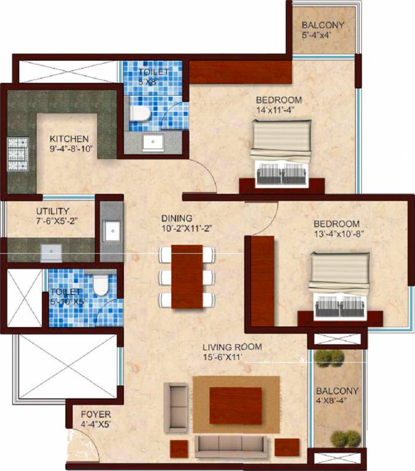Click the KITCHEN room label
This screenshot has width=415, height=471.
[x=69, y=138]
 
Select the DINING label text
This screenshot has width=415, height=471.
[x=177, y=218]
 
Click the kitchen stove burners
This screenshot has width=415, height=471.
[x=14, y=155]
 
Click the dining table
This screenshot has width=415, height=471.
[x=187, y=276]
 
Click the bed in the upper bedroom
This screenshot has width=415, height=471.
[x=281, y=150]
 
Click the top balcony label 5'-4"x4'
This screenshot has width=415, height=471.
[x=322, y=30]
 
